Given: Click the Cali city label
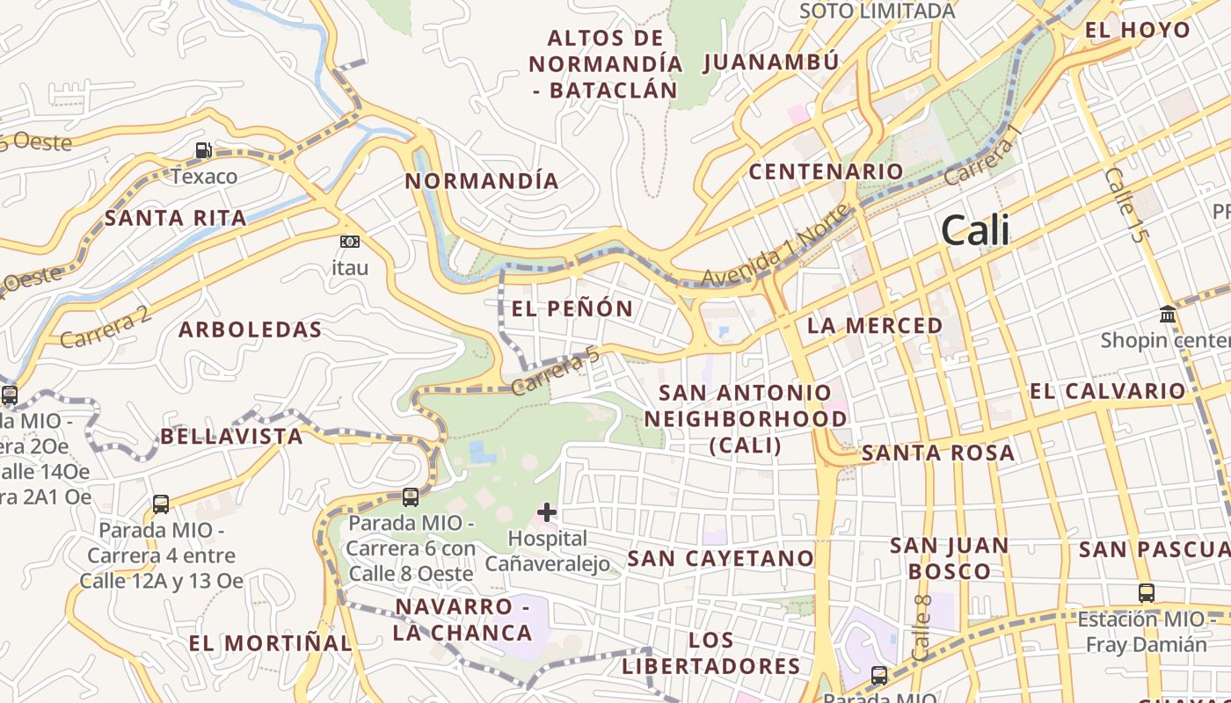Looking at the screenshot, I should click(x=975, y=231).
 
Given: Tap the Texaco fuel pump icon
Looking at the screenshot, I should click(x=204, y=150).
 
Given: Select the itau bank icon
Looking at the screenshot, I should click(x=350, y=242).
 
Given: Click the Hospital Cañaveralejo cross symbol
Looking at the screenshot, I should click(x=547, y=511).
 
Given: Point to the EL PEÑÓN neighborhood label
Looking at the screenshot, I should click(x=572, y=308).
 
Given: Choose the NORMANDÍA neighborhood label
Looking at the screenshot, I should click(x=482, y=181).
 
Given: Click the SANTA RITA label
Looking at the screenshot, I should click(x=176, y=218).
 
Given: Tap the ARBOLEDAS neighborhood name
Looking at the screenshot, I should click(x=251, y=330).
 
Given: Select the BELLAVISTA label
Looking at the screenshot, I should click(x=231, y=436).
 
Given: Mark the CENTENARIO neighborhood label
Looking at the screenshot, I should click(x=826, y=171).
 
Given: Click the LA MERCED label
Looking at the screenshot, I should click(x=875, y=325).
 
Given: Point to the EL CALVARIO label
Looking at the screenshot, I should click(x=1108, y=391).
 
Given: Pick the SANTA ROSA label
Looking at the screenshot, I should click(x=938, y=453).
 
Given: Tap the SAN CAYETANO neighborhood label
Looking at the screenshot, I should click(x=721, y=558).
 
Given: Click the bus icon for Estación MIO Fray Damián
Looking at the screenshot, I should click(x=1146, y=593).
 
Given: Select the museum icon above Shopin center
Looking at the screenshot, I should click(x=1168, y=314).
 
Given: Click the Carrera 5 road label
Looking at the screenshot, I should click(x=556, y=370).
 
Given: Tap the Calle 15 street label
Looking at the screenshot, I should click(x=1126, y=205).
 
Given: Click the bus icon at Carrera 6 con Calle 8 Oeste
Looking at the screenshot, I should click(x=411, y=497).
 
